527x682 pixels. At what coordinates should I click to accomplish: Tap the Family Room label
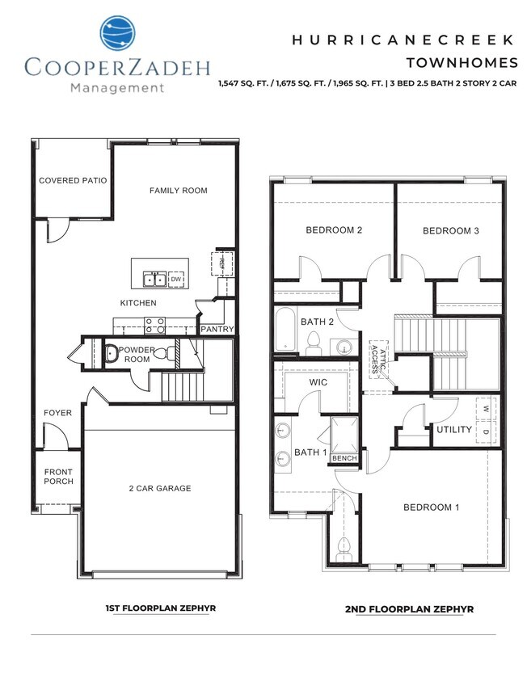[179, 191]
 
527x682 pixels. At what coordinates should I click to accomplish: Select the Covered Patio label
[73, 181]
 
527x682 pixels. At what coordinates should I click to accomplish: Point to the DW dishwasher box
[176, 280]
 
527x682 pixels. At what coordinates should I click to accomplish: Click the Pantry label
[217, 330]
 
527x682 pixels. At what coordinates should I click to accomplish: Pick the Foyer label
[57, 414]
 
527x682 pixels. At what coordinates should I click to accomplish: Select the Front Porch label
[58, 477]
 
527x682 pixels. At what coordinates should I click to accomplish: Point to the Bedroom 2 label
[333, 230]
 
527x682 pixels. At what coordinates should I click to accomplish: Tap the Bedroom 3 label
[451, 231]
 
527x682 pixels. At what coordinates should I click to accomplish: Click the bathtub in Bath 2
[286, 330]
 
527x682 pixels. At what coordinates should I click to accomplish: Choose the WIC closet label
[318, 381]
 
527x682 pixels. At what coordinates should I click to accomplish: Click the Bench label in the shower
[344, 459]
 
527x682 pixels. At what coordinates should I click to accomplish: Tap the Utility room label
[453, 429]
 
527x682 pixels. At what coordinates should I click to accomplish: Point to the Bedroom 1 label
[432, 507]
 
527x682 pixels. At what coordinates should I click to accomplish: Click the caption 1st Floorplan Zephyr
[160, 608]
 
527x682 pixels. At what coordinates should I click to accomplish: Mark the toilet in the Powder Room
[160, 354]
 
